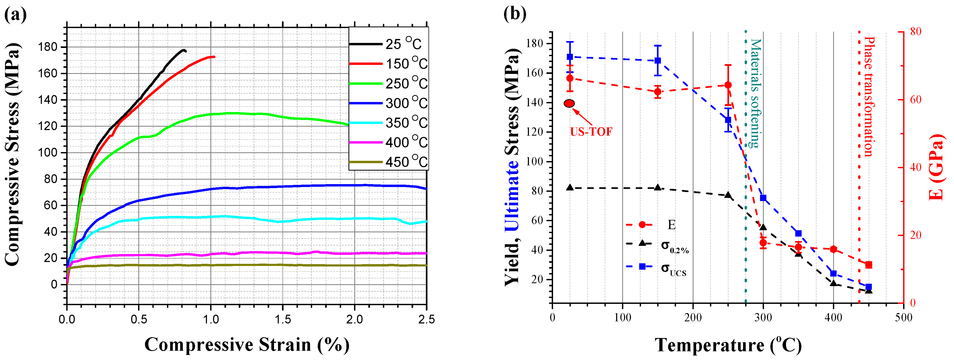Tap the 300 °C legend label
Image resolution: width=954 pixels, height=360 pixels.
click(406, 103)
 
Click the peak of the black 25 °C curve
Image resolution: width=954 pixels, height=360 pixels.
click(183, 50)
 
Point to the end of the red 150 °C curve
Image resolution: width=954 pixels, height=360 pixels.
click(214, 57)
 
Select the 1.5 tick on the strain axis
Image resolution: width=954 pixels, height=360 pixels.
click(282, 319)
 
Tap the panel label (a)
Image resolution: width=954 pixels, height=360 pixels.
click(15, 15)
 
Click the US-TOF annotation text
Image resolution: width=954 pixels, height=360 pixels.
click(591, 132)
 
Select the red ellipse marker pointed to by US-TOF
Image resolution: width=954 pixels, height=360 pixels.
click(569, 103)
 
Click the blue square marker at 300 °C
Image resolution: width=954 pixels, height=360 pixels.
click(763, 198)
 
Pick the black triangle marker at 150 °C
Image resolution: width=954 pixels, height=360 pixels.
click(658, 187)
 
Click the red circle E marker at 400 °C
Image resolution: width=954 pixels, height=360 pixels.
click(834, 249)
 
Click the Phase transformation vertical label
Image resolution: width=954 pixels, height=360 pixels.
click(869, 96)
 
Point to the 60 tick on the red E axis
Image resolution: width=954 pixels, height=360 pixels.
click(916, 100)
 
